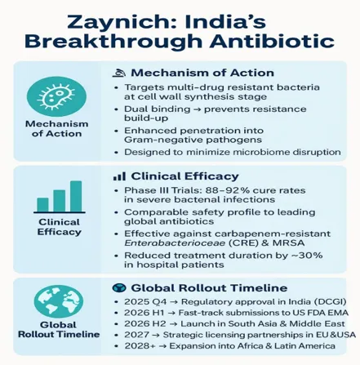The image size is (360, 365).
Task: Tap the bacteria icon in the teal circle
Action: [56, 96]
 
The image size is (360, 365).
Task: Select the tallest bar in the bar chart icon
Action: [76, 196]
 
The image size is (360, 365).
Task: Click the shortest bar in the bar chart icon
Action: [42, 205]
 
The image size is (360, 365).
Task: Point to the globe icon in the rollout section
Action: [59, 301]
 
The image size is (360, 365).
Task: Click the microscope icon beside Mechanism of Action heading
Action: [119, 73]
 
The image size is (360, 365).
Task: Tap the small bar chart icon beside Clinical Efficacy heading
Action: [119, 176]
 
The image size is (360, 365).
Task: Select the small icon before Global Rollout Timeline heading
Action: [119, 287]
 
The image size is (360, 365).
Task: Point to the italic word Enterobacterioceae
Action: [175, 243]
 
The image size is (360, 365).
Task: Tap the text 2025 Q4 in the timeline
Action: [145, 302]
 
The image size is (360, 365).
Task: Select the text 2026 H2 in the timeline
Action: [145, 324]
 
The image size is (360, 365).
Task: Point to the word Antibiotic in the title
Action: [272, 42]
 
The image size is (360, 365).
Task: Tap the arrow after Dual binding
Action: [197, 109]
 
